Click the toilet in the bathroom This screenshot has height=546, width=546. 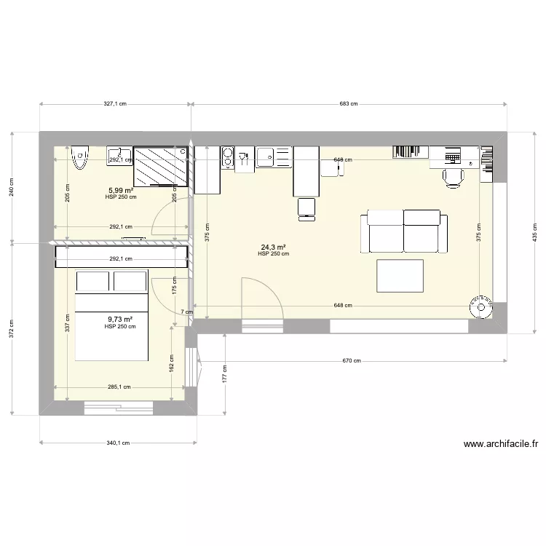(79, 157)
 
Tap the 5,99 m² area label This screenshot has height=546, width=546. (120, 191)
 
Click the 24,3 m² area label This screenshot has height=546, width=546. (273, 248)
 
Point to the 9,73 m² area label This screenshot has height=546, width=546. (120, 320)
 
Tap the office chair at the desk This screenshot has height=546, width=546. (454, 176)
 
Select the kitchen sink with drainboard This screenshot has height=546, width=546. (274, 155)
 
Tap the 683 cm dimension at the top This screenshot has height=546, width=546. (349, 104)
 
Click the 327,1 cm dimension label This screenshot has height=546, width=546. (115, 104)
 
